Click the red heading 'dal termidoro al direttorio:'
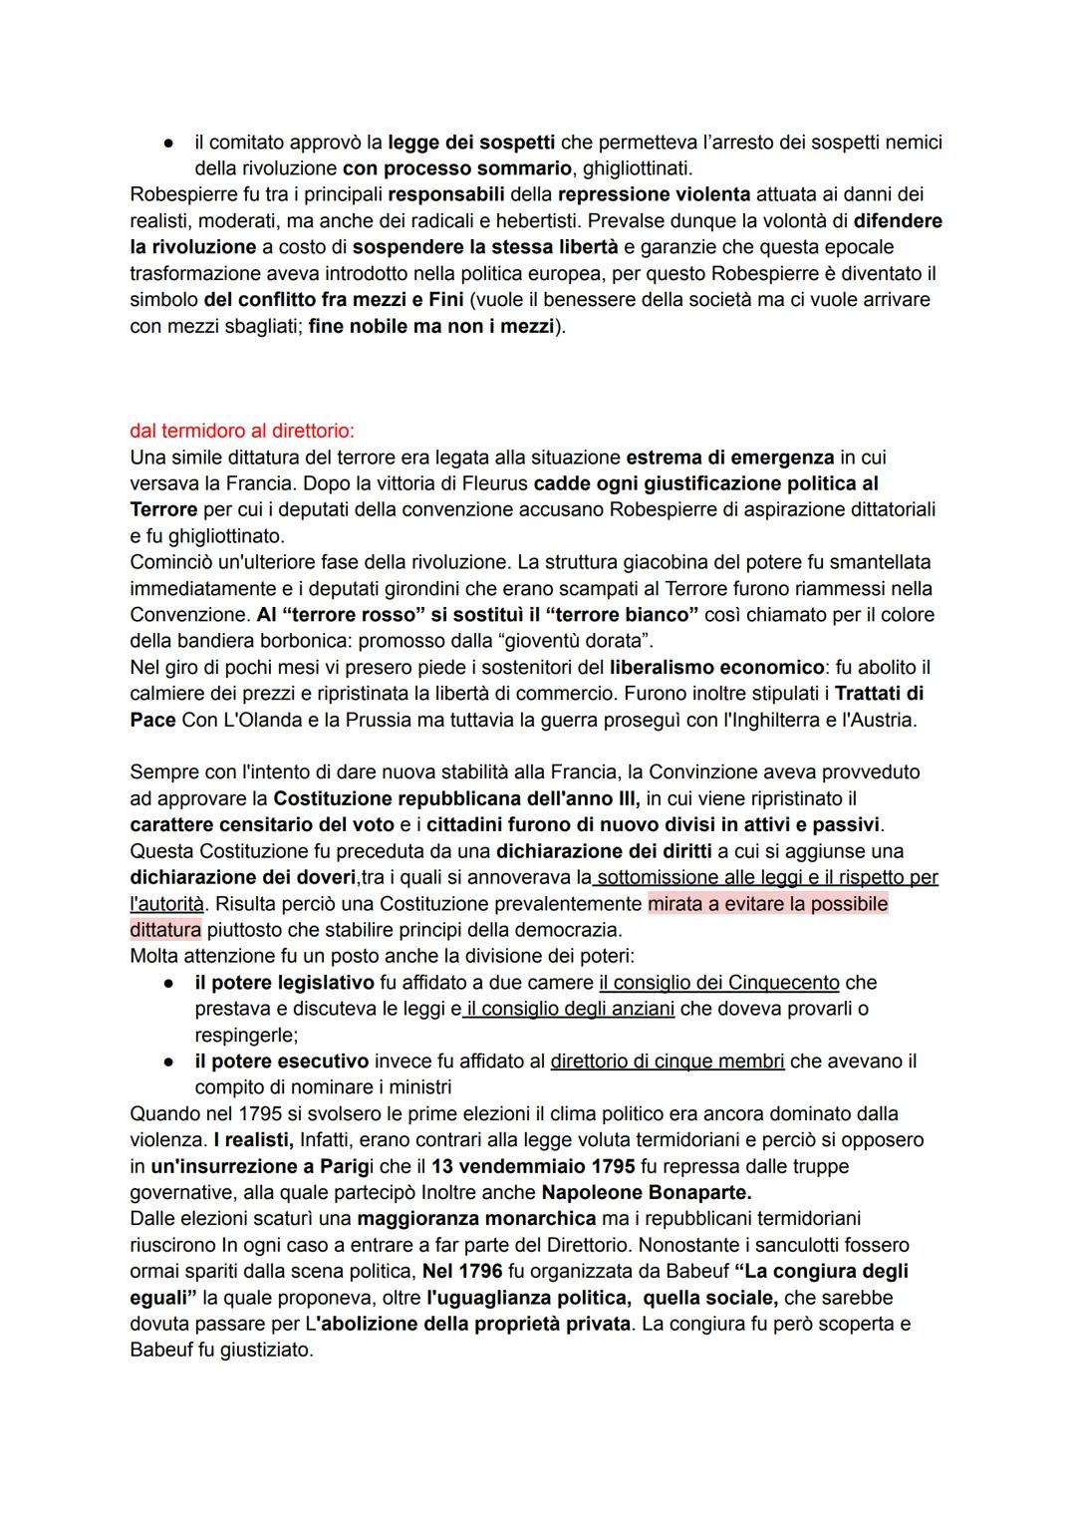pos(242,432)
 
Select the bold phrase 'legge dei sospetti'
pos(469,143)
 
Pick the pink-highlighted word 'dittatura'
pos(165,930)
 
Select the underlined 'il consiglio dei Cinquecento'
pos(719,982)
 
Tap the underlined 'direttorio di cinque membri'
pos(668,1061)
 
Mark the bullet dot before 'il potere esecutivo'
pos(170,1062)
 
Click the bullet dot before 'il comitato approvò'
pos(170,144)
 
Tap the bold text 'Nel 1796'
pos(462,1271)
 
